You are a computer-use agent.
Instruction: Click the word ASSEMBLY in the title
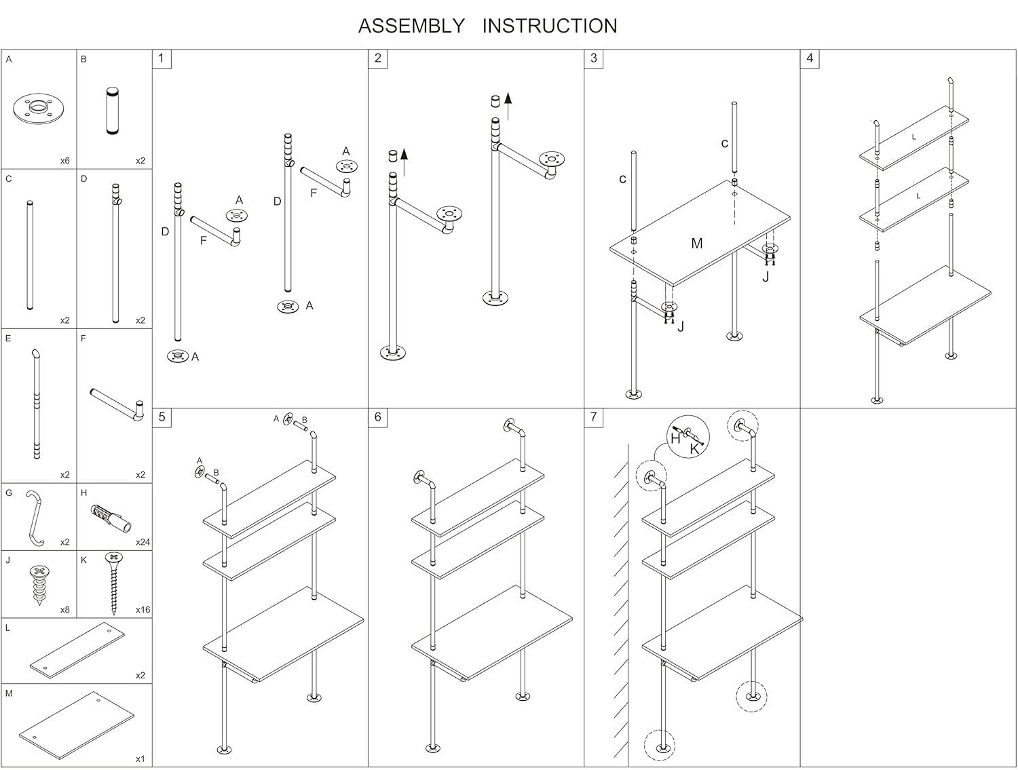tap(411, 26)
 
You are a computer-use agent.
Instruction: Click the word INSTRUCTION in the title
tap(550, 26)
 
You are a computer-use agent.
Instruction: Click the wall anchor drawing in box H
tap(109, 521)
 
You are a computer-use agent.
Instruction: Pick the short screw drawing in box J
tap(39, 583)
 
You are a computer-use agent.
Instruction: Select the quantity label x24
tap(143, 542)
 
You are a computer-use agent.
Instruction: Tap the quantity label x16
tap(143, 610)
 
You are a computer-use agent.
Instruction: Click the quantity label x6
tap(64, 161)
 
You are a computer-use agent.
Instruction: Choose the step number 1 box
tap(162, 58)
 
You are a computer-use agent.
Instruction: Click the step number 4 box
tap(810, 58)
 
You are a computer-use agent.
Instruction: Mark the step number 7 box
tap(594, 417)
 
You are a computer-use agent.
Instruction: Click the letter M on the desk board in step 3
tap(697, 243)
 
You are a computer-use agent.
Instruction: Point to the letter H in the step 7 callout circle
tap(675, 438)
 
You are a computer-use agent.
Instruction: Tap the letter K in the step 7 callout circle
tap(694, 448)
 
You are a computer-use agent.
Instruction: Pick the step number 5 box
tap(162, 417)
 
